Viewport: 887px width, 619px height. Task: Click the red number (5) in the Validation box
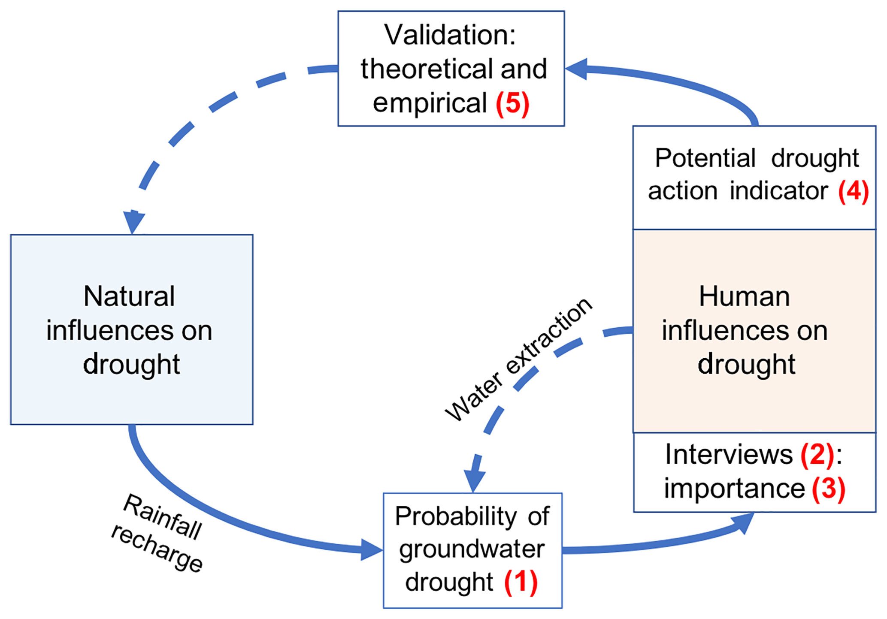pos(513,103)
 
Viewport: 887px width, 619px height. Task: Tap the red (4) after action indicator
pos(854,191)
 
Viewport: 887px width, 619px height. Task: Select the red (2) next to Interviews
pos(817,455)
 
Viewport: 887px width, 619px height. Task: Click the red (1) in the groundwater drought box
pos(521,582)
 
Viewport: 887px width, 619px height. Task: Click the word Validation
pos(449,35)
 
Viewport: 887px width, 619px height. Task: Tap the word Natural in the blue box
pos(129,296)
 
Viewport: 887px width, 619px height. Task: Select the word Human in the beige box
pos(744,296)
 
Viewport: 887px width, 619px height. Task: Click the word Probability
pos(456,516)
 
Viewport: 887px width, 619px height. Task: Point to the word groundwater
pos(472,549)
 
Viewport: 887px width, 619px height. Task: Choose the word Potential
pos(705,158)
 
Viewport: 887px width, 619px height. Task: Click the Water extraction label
pos(518,359)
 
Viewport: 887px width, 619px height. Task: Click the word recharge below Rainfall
pos(157,548)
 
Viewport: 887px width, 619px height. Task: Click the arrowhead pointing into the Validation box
pos(576,69)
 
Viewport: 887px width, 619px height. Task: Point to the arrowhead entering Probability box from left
pos(371,550)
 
